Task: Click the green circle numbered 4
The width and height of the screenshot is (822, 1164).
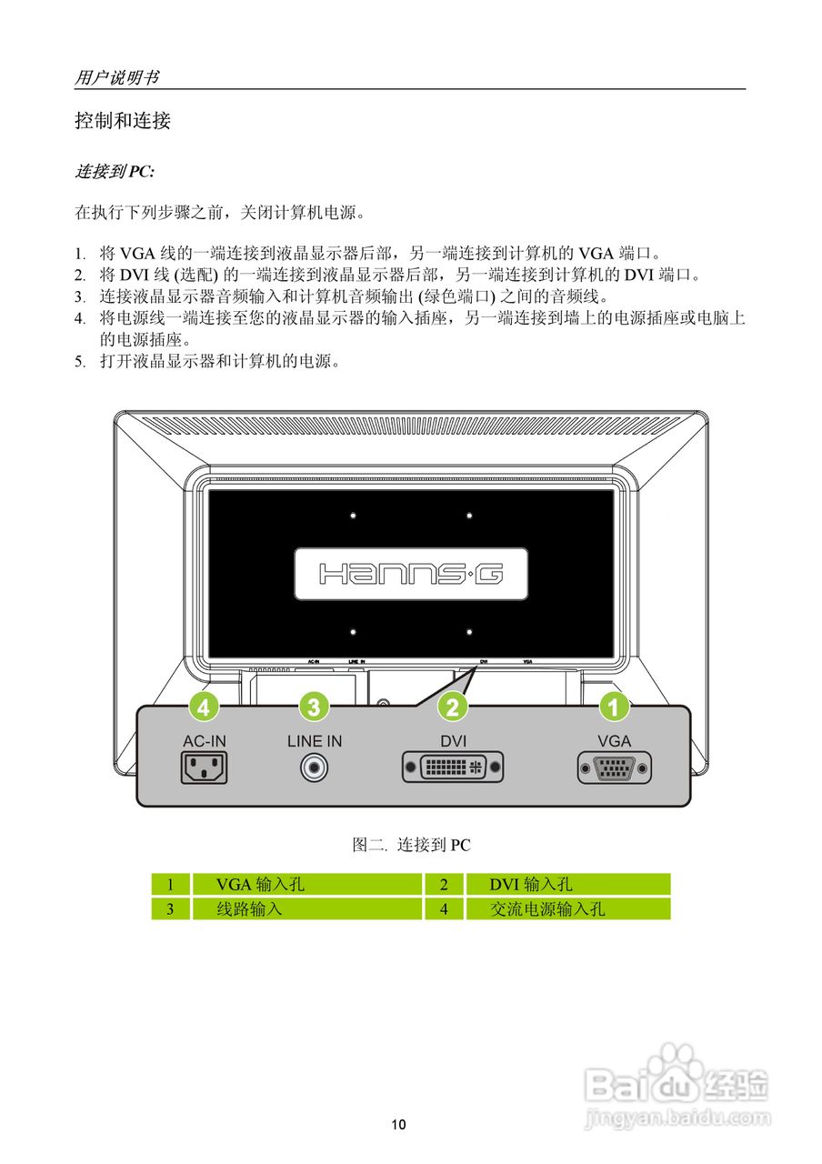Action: (205, 706)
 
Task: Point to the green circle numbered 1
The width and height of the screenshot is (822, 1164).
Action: (614, 706)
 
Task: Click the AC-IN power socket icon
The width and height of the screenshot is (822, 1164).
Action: (205, 768)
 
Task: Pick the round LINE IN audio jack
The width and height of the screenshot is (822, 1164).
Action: (315, 768)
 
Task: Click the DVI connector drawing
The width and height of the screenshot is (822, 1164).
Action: (453, 768)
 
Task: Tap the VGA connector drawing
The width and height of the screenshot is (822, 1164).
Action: (614, 768)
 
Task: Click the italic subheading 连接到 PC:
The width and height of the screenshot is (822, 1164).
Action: (114, 171)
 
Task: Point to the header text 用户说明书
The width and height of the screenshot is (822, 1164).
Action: (116, 78)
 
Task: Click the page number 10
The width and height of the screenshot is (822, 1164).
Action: (399, 1125)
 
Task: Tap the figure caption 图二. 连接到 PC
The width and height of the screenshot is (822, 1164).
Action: (411, 845)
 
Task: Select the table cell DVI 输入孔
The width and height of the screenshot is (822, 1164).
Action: (531, 884)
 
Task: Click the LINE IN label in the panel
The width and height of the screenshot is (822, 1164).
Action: (315, 741)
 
